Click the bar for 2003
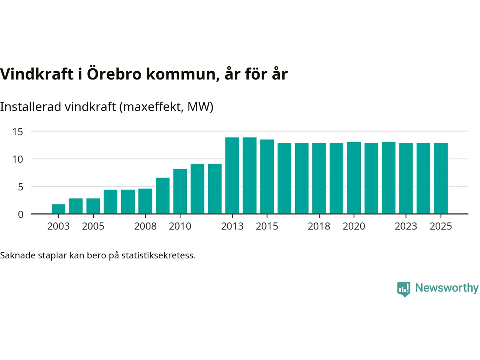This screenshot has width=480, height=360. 58,209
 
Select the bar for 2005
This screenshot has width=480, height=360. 93,206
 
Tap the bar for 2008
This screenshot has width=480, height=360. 145,201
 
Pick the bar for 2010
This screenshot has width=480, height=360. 180,191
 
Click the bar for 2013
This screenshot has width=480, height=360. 232,175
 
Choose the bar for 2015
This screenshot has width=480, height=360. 267,177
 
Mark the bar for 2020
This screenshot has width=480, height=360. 354,178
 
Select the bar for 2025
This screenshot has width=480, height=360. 441,178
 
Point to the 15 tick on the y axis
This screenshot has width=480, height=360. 18,132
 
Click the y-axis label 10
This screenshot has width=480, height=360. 18,159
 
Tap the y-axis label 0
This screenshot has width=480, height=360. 21,214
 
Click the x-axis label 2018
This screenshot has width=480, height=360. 319,226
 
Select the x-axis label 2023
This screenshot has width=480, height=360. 406,226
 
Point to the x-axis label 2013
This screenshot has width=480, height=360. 232,226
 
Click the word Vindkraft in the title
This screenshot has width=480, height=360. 37,74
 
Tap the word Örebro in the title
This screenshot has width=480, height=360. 114,74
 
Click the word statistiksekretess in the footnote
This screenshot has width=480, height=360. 158,256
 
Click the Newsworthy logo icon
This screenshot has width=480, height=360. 404,289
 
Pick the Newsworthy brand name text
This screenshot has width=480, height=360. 447,288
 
